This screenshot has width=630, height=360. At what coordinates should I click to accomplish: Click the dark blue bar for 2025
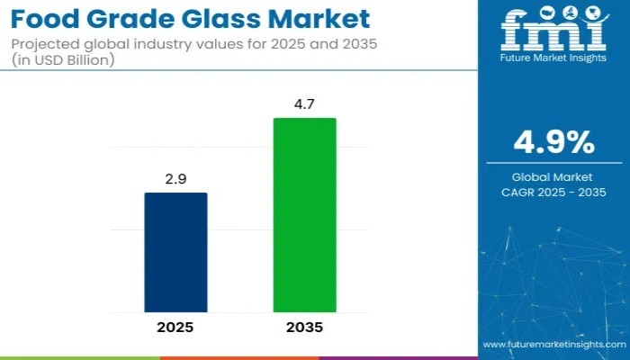pyautogui.click(x=175, y=252)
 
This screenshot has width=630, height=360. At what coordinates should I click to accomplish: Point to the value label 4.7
pyautogui.click(x=304, y=105)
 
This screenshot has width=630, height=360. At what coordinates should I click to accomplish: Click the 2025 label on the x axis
pyautogui.click(x=175, y=328)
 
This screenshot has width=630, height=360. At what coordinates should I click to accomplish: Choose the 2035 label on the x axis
pyautogui.click(x=304, y=328)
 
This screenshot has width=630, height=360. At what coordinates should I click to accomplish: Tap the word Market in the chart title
pyautogui.click(x=324, y=18)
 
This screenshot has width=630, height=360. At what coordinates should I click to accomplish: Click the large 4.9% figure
pyautogui.click(x=553, y=143)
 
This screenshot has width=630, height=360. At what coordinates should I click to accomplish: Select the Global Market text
pyautogui.click(x=553, y=177)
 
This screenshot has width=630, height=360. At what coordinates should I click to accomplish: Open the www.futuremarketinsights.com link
pyautogui.click(x=553, y=345)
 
